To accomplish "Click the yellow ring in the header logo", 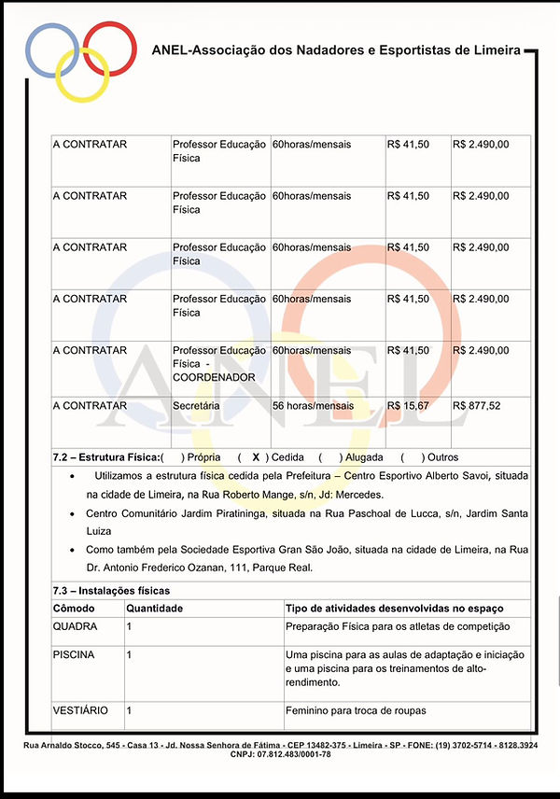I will pos(83,90).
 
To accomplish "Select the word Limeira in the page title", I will pos(498,49).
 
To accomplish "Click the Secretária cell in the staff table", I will pos(196,406).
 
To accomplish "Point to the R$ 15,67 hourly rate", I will pos(408,406).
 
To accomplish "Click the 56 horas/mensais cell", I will pos(313,406).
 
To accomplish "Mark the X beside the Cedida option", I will pos(255,457).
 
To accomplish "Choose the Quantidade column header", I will pos(154,609).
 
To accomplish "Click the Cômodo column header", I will pos(74,609).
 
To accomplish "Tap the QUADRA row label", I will pos(75,626).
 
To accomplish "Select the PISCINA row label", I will pos(74,655).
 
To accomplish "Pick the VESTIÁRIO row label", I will pos(80,710).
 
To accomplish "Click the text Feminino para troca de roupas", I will pos(356,710).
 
